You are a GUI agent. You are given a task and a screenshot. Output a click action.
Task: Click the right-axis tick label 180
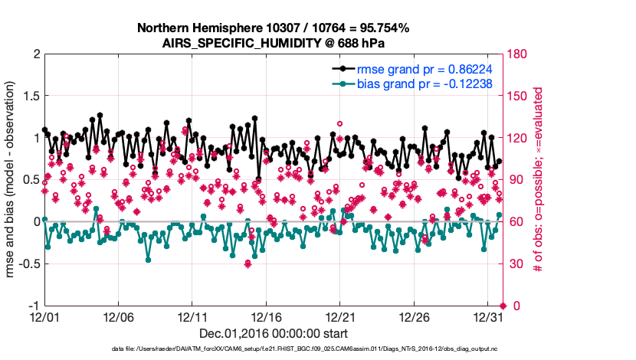point(517,54)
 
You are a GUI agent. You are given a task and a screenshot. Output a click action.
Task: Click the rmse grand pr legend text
point(425,68)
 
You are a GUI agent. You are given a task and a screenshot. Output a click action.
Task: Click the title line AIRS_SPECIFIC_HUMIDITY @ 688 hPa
point(273,44)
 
